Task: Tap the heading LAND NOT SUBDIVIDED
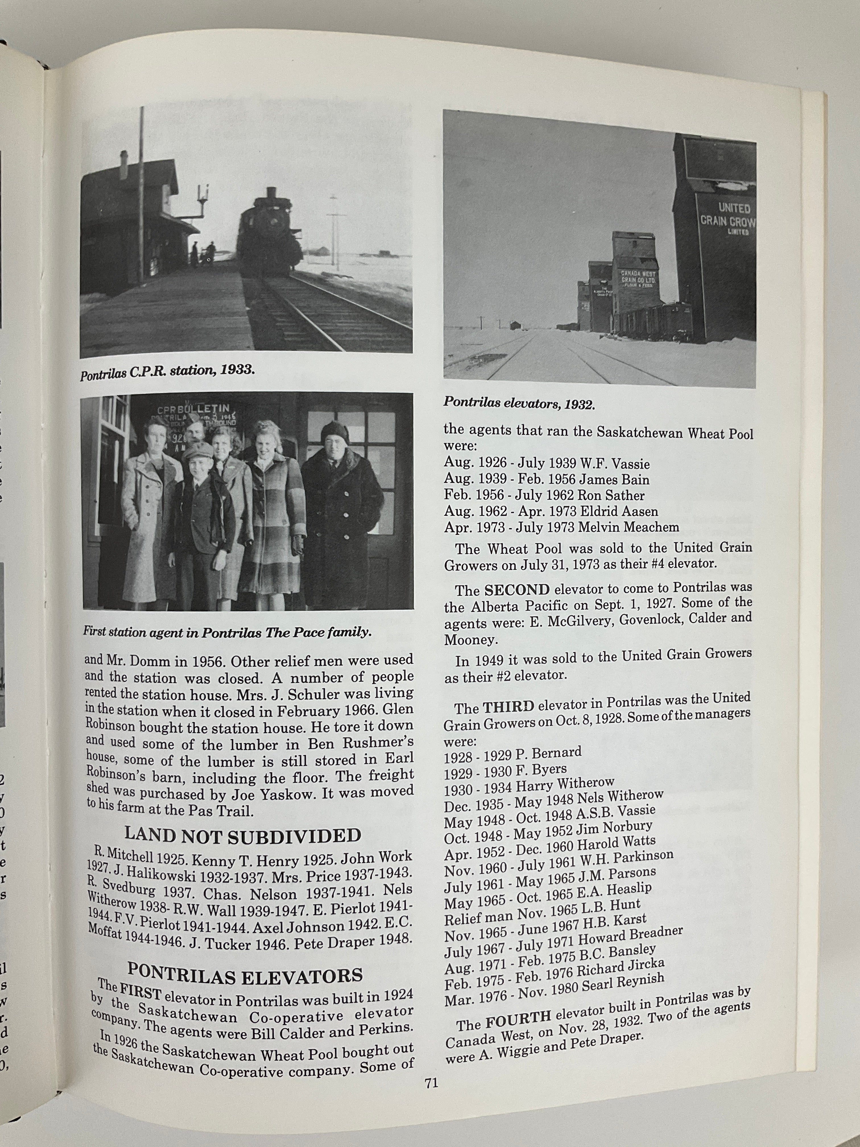(243, 836)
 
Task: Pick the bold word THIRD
(508, 707)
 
